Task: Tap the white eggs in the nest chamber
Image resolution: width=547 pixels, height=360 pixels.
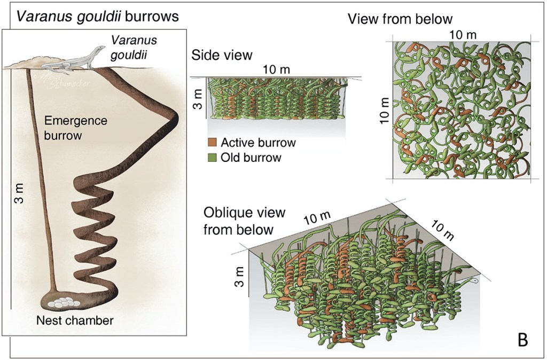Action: pos(64,302)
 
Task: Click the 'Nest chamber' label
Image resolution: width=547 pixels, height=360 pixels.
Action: pos(75,320)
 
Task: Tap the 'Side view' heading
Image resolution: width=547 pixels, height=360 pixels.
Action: pos(221,55)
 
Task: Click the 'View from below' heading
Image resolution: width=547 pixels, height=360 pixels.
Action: pos(400,20)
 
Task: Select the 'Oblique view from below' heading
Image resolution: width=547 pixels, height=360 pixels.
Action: pos(244,221)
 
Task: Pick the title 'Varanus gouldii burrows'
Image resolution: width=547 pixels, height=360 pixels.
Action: pos(97,16)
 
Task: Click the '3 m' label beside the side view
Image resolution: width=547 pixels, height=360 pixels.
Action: pos(197,98)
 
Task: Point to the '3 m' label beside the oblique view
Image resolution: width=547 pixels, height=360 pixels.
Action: pos(239,275)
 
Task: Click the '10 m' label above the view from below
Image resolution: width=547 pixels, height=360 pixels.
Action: pos(463,35)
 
